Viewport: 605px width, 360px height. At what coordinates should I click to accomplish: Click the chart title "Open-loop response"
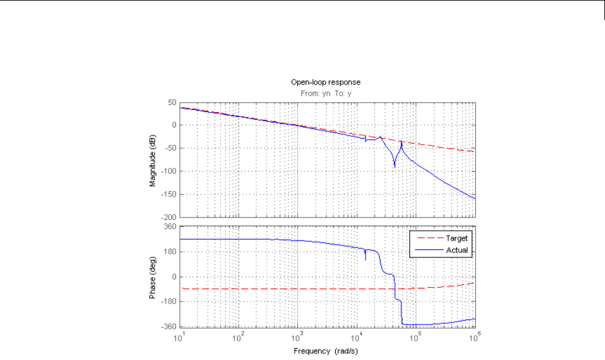pyautogui.click(x=325, y=81)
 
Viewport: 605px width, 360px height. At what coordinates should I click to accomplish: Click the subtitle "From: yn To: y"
pyautogui.click(x=325, y=93)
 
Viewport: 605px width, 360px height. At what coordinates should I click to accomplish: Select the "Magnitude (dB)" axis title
pyautogui.click(x=152, y=159)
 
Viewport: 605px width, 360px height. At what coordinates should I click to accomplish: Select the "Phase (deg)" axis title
pyautogui.click(x=152, y=276)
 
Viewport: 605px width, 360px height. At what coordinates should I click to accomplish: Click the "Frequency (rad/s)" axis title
pyautogui.click(x=325, y=351)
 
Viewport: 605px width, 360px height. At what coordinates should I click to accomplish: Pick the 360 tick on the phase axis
pyautogui.click(x=169, y=228)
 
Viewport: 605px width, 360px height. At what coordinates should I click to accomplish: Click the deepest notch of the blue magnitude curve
pyautogui.click(x=395, y=167)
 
